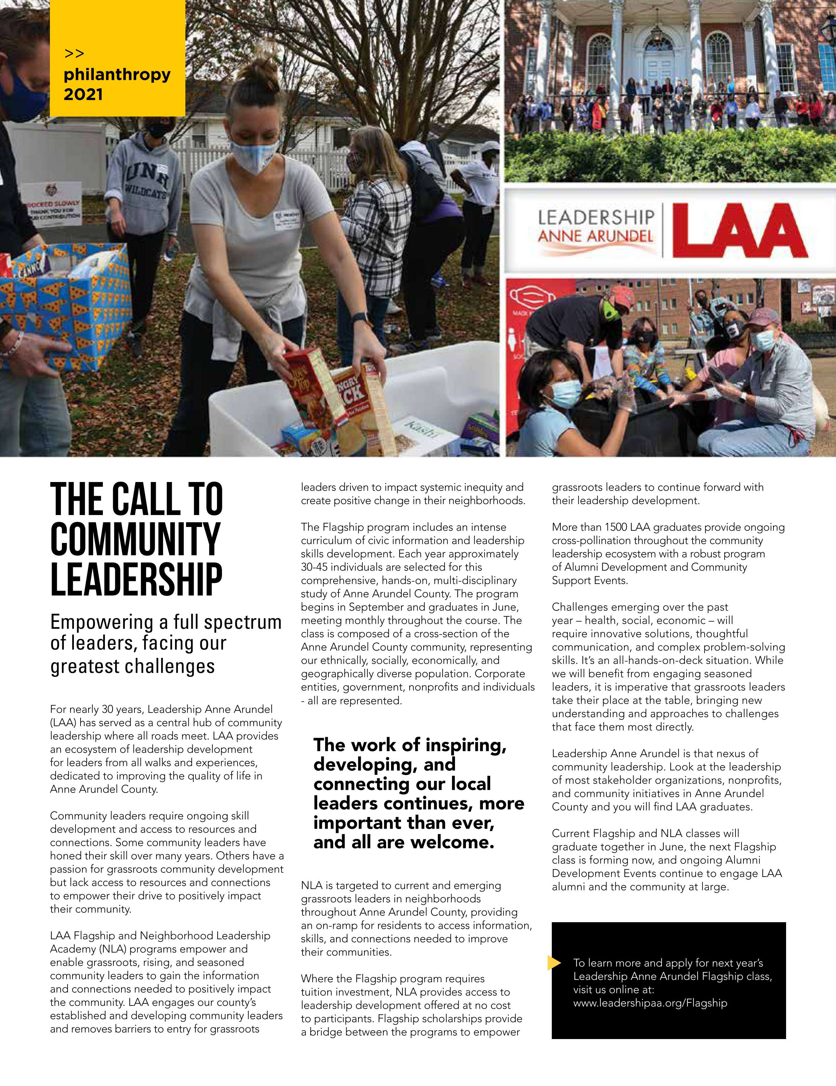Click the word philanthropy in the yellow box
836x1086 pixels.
[x=117, y=75]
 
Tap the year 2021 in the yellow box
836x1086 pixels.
[x=83, y=95]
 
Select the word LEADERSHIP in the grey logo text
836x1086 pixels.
[x=596, y=217]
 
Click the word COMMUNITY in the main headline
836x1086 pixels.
[x=135, y=540]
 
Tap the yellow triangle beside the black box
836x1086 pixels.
[x=553, y=963]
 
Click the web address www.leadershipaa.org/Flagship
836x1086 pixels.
[x=650, y=1003]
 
